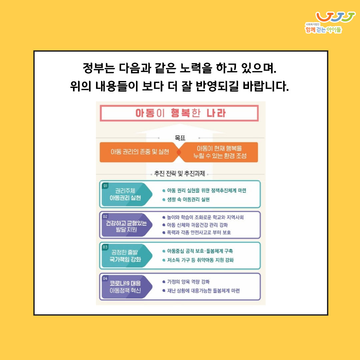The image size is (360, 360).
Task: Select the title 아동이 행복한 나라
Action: click(x=180, y=113)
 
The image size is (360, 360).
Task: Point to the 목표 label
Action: click(x=180, y=138)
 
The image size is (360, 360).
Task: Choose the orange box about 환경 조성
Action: click(x=220, y=152)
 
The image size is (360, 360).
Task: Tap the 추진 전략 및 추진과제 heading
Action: click(x=180, y=174)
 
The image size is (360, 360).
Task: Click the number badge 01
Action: click(x=105, y=186)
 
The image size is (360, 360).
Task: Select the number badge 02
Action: click(x=105, y=216)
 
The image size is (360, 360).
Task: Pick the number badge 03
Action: click(x=105, y=247)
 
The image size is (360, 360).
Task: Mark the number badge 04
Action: click(x=105, y=278)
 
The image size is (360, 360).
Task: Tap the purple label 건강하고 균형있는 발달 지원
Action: click(x=126, y=227)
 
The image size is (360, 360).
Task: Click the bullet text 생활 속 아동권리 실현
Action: click(x=188, y=200)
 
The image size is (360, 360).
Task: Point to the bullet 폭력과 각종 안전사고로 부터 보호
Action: click(x=199, y=232)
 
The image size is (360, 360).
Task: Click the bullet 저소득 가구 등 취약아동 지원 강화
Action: click(x=200, y=260)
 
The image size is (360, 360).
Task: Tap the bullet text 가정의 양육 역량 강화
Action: click(x=188, y=282)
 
